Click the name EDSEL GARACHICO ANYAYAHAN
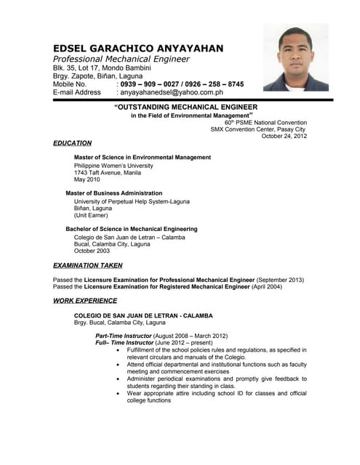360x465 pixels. (x=138, y=48)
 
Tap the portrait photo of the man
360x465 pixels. (x=295, y=57)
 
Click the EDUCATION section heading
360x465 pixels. (x=73, y=143)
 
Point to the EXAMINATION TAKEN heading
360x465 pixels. (x=88, y=265)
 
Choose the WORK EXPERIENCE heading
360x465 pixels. (x=85, y=300)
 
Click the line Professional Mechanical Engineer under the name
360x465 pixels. (x=121, y=59)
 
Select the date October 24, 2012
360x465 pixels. (x=284, y=136)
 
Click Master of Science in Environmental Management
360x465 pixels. (x=143, y=157)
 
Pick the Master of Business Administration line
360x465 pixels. (x=114, y=193)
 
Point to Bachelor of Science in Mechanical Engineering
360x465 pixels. (x=132, y=229)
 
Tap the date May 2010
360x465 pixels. (x=87, y=179)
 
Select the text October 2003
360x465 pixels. (x=92, y=251)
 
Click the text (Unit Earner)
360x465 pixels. (x=91, y=215)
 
